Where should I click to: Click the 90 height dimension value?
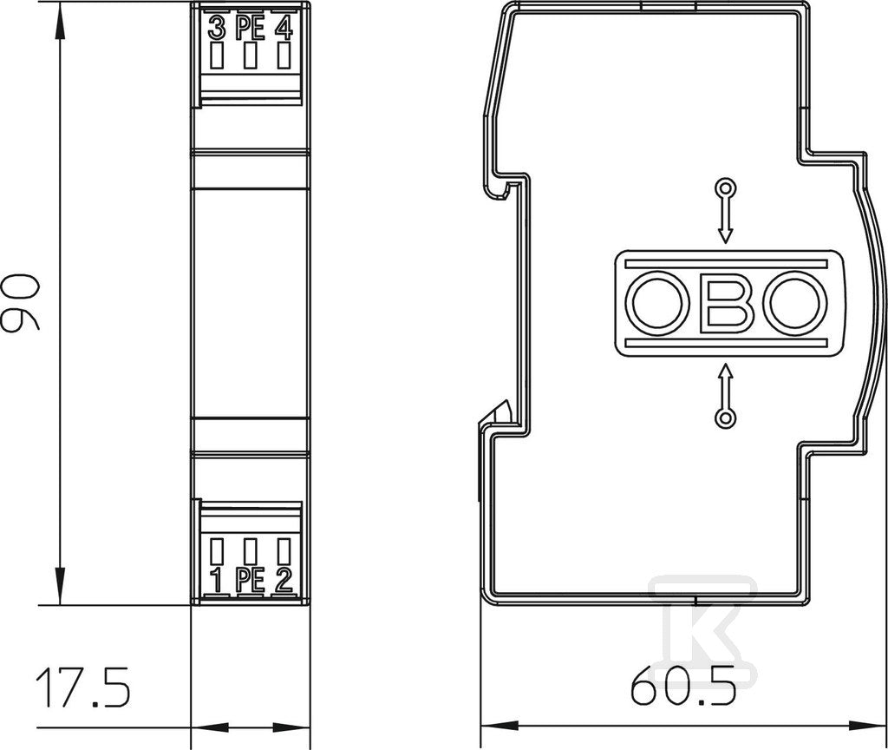tap(21, 301)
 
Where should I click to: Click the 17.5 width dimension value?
tap(82, 687)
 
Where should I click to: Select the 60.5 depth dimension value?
tap(684, 684)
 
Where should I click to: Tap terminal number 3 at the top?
tap(216, 29)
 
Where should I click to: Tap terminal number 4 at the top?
tap(284, 29)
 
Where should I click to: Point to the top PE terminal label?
tap(250, 29)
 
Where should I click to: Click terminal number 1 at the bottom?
tap(216, 581)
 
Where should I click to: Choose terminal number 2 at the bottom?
tap(284, 581)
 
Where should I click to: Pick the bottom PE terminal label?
tap(250, 581)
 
